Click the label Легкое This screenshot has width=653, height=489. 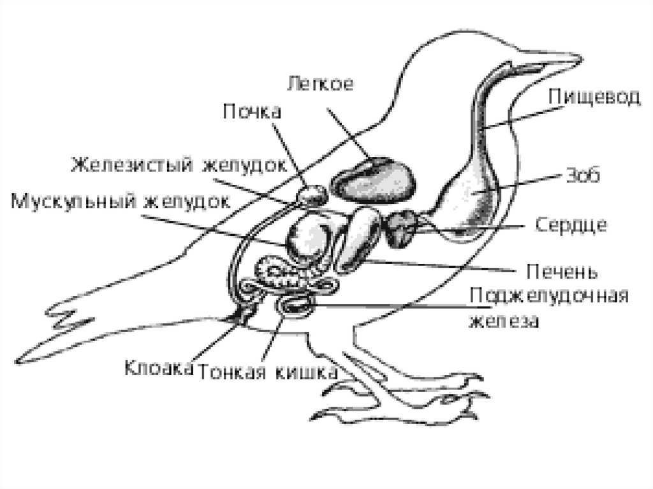tap(320, 84)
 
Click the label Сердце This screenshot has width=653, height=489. tap(571, 225)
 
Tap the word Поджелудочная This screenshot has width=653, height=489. tap(549, 297)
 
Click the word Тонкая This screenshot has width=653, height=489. tap(233, 372)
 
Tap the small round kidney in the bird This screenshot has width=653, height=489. tap(312, 193)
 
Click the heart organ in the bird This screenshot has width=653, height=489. tap(401, 228)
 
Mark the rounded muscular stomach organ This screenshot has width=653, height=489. tap(309, 240)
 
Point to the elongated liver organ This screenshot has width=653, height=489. tap(359, 239)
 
